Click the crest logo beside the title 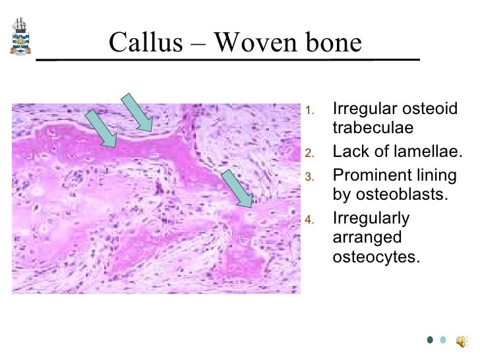(x=19, y=37)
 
